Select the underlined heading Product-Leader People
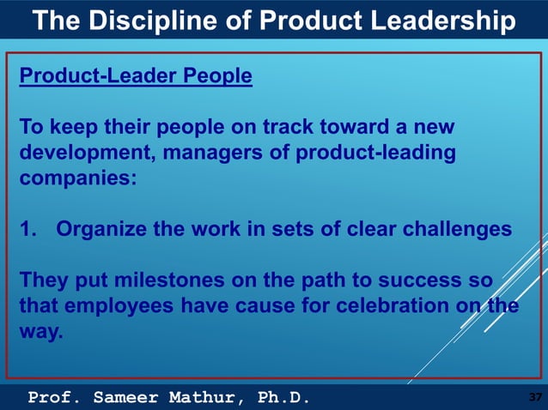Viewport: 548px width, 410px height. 136,76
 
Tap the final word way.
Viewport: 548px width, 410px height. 40,331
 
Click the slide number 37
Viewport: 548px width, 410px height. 534,397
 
